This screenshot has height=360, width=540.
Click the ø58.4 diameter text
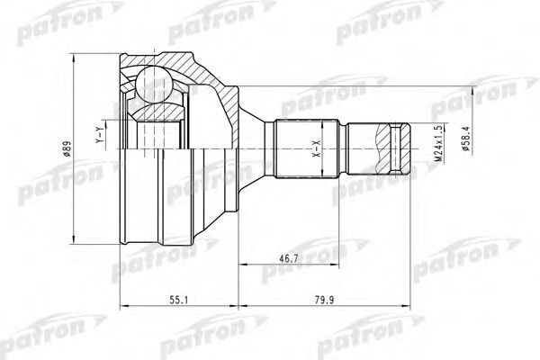[x=463, y=140]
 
